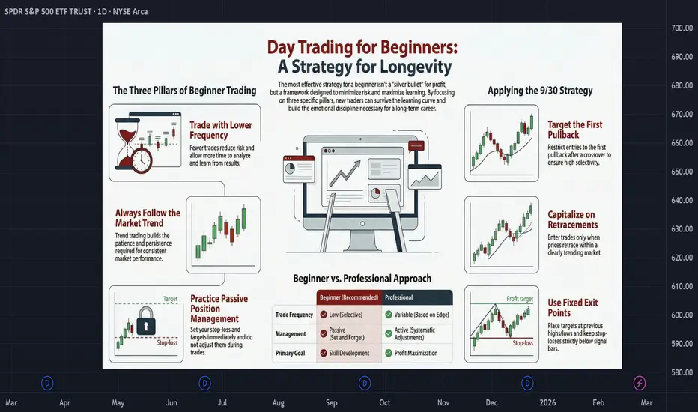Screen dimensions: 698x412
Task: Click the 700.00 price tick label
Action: tap(682, 28)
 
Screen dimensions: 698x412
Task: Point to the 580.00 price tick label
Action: tap(682, 372)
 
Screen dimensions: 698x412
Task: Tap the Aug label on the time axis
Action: tap(278, 403)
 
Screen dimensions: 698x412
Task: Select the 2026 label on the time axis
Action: tap(547, 402)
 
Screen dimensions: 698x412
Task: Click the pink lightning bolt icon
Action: tap(640, 383)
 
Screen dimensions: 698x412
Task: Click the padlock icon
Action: tap(146, 321)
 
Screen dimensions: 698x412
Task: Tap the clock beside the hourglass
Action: tap(141, 160)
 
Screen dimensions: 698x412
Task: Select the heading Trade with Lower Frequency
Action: tap(221, 130)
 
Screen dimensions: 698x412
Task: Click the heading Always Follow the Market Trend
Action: tap(148, 218)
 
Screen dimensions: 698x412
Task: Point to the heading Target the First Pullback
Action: tap(574, 130)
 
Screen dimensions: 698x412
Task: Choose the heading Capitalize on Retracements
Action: tap(572, 219)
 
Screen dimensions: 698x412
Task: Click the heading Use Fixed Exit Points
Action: tap(572, 308)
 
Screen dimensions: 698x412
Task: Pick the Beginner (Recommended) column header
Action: tap(349, 297)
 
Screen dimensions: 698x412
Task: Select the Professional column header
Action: tap(399, 297)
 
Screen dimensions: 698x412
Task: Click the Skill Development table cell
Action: tap(349, 354)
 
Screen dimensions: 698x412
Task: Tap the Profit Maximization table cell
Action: tap(416, 354)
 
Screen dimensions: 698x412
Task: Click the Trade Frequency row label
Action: tap(294, 315)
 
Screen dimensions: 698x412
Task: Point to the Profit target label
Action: tap(520, 299)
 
